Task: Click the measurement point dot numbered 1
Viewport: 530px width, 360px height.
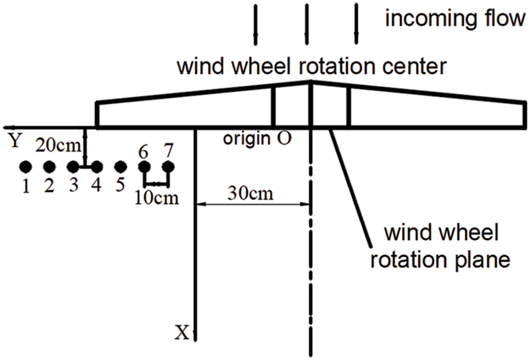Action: (25, 166)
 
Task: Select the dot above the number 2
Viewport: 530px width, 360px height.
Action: (48, 166)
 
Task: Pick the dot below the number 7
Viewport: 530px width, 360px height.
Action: (168, 166)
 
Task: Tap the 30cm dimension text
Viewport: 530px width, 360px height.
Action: (251, 195)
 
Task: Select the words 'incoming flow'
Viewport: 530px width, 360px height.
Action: (456, 18)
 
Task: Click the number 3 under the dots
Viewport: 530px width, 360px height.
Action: (73, 186)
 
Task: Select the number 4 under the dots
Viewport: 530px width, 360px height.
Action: (97, 186)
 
